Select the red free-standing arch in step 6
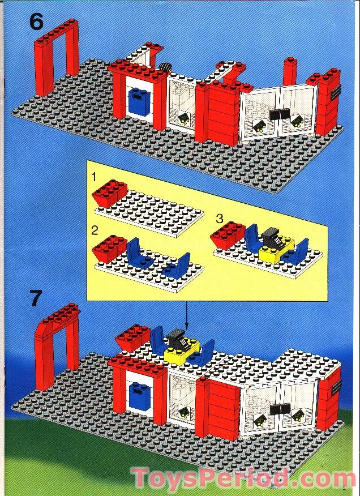coord(57,57)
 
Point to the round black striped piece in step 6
coord(165,67)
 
